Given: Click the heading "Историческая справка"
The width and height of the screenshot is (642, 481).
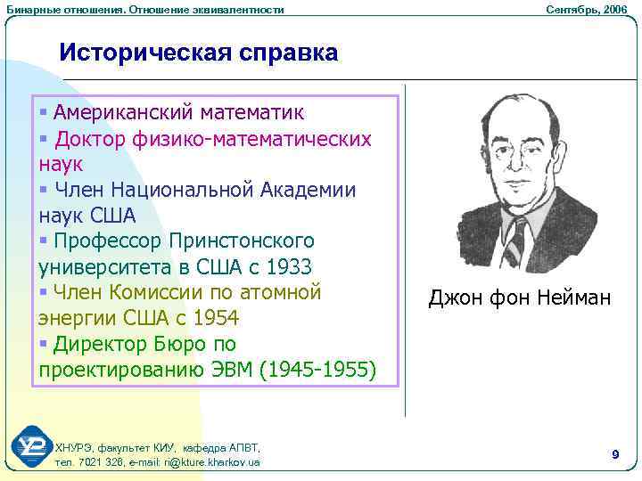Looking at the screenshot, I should [199, 53].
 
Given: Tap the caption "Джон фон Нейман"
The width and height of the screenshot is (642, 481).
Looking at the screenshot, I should [520, 298].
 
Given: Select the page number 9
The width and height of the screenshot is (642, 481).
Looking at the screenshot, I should [615, 455].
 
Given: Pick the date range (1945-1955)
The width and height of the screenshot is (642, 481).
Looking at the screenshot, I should [317, 370].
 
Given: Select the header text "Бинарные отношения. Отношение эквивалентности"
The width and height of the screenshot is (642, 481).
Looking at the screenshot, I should [145, 9].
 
